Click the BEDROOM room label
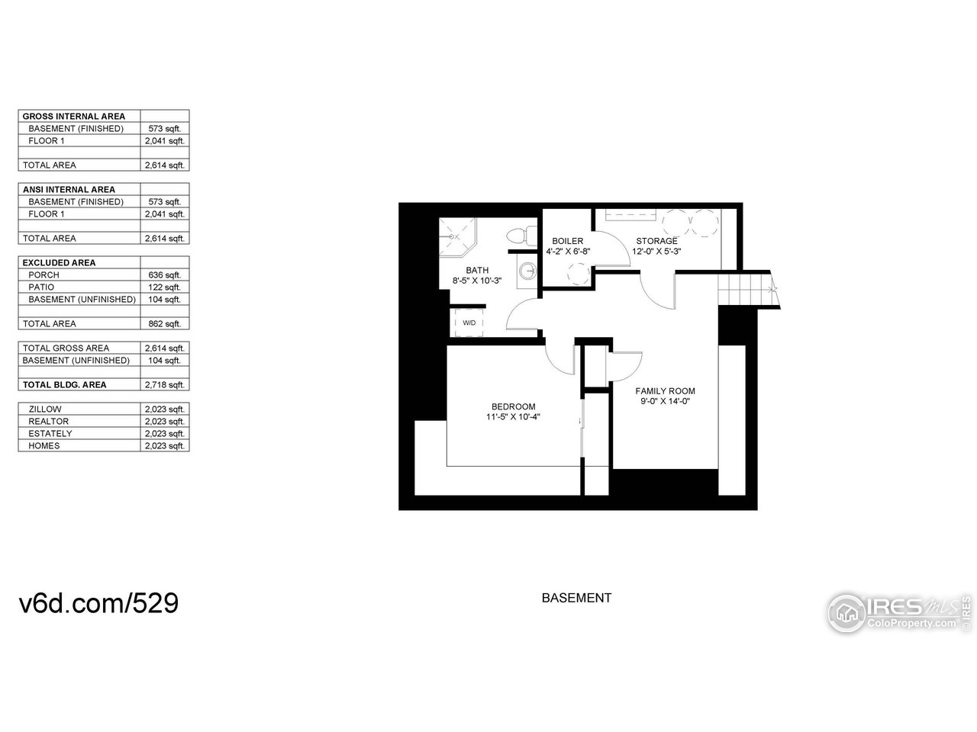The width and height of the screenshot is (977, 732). [x=513, y=406]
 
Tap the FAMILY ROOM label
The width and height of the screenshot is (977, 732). [x=666, y=391]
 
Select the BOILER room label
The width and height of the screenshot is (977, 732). [x=568, y=241]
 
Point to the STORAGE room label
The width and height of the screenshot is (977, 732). [x=656, y=241]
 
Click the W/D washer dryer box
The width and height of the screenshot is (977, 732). [x=469, y=323]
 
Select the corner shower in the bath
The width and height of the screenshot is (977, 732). [x=457, y=236]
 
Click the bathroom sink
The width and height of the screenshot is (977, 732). [x=525, y=271]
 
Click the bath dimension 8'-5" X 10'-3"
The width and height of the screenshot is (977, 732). [x=477, y=281]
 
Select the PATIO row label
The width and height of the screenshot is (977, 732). [x=41, y=287]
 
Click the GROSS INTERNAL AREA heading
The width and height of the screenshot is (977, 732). [x=74, y=116]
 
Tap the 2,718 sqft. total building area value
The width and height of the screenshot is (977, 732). [x=164, y=384]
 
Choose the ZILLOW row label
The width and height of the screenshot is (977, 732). [x=44, y=409]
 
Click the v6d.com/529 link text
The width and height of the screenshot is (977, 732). [x=98, y=603]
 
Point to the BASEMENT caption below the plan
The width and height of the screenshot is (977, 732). [x=576, y=598]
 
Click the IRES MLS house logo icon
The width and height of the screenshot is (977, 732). [x=846, y=612]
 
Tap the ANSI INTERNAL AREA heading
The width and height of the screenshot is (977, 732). [x=69, y=189]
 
